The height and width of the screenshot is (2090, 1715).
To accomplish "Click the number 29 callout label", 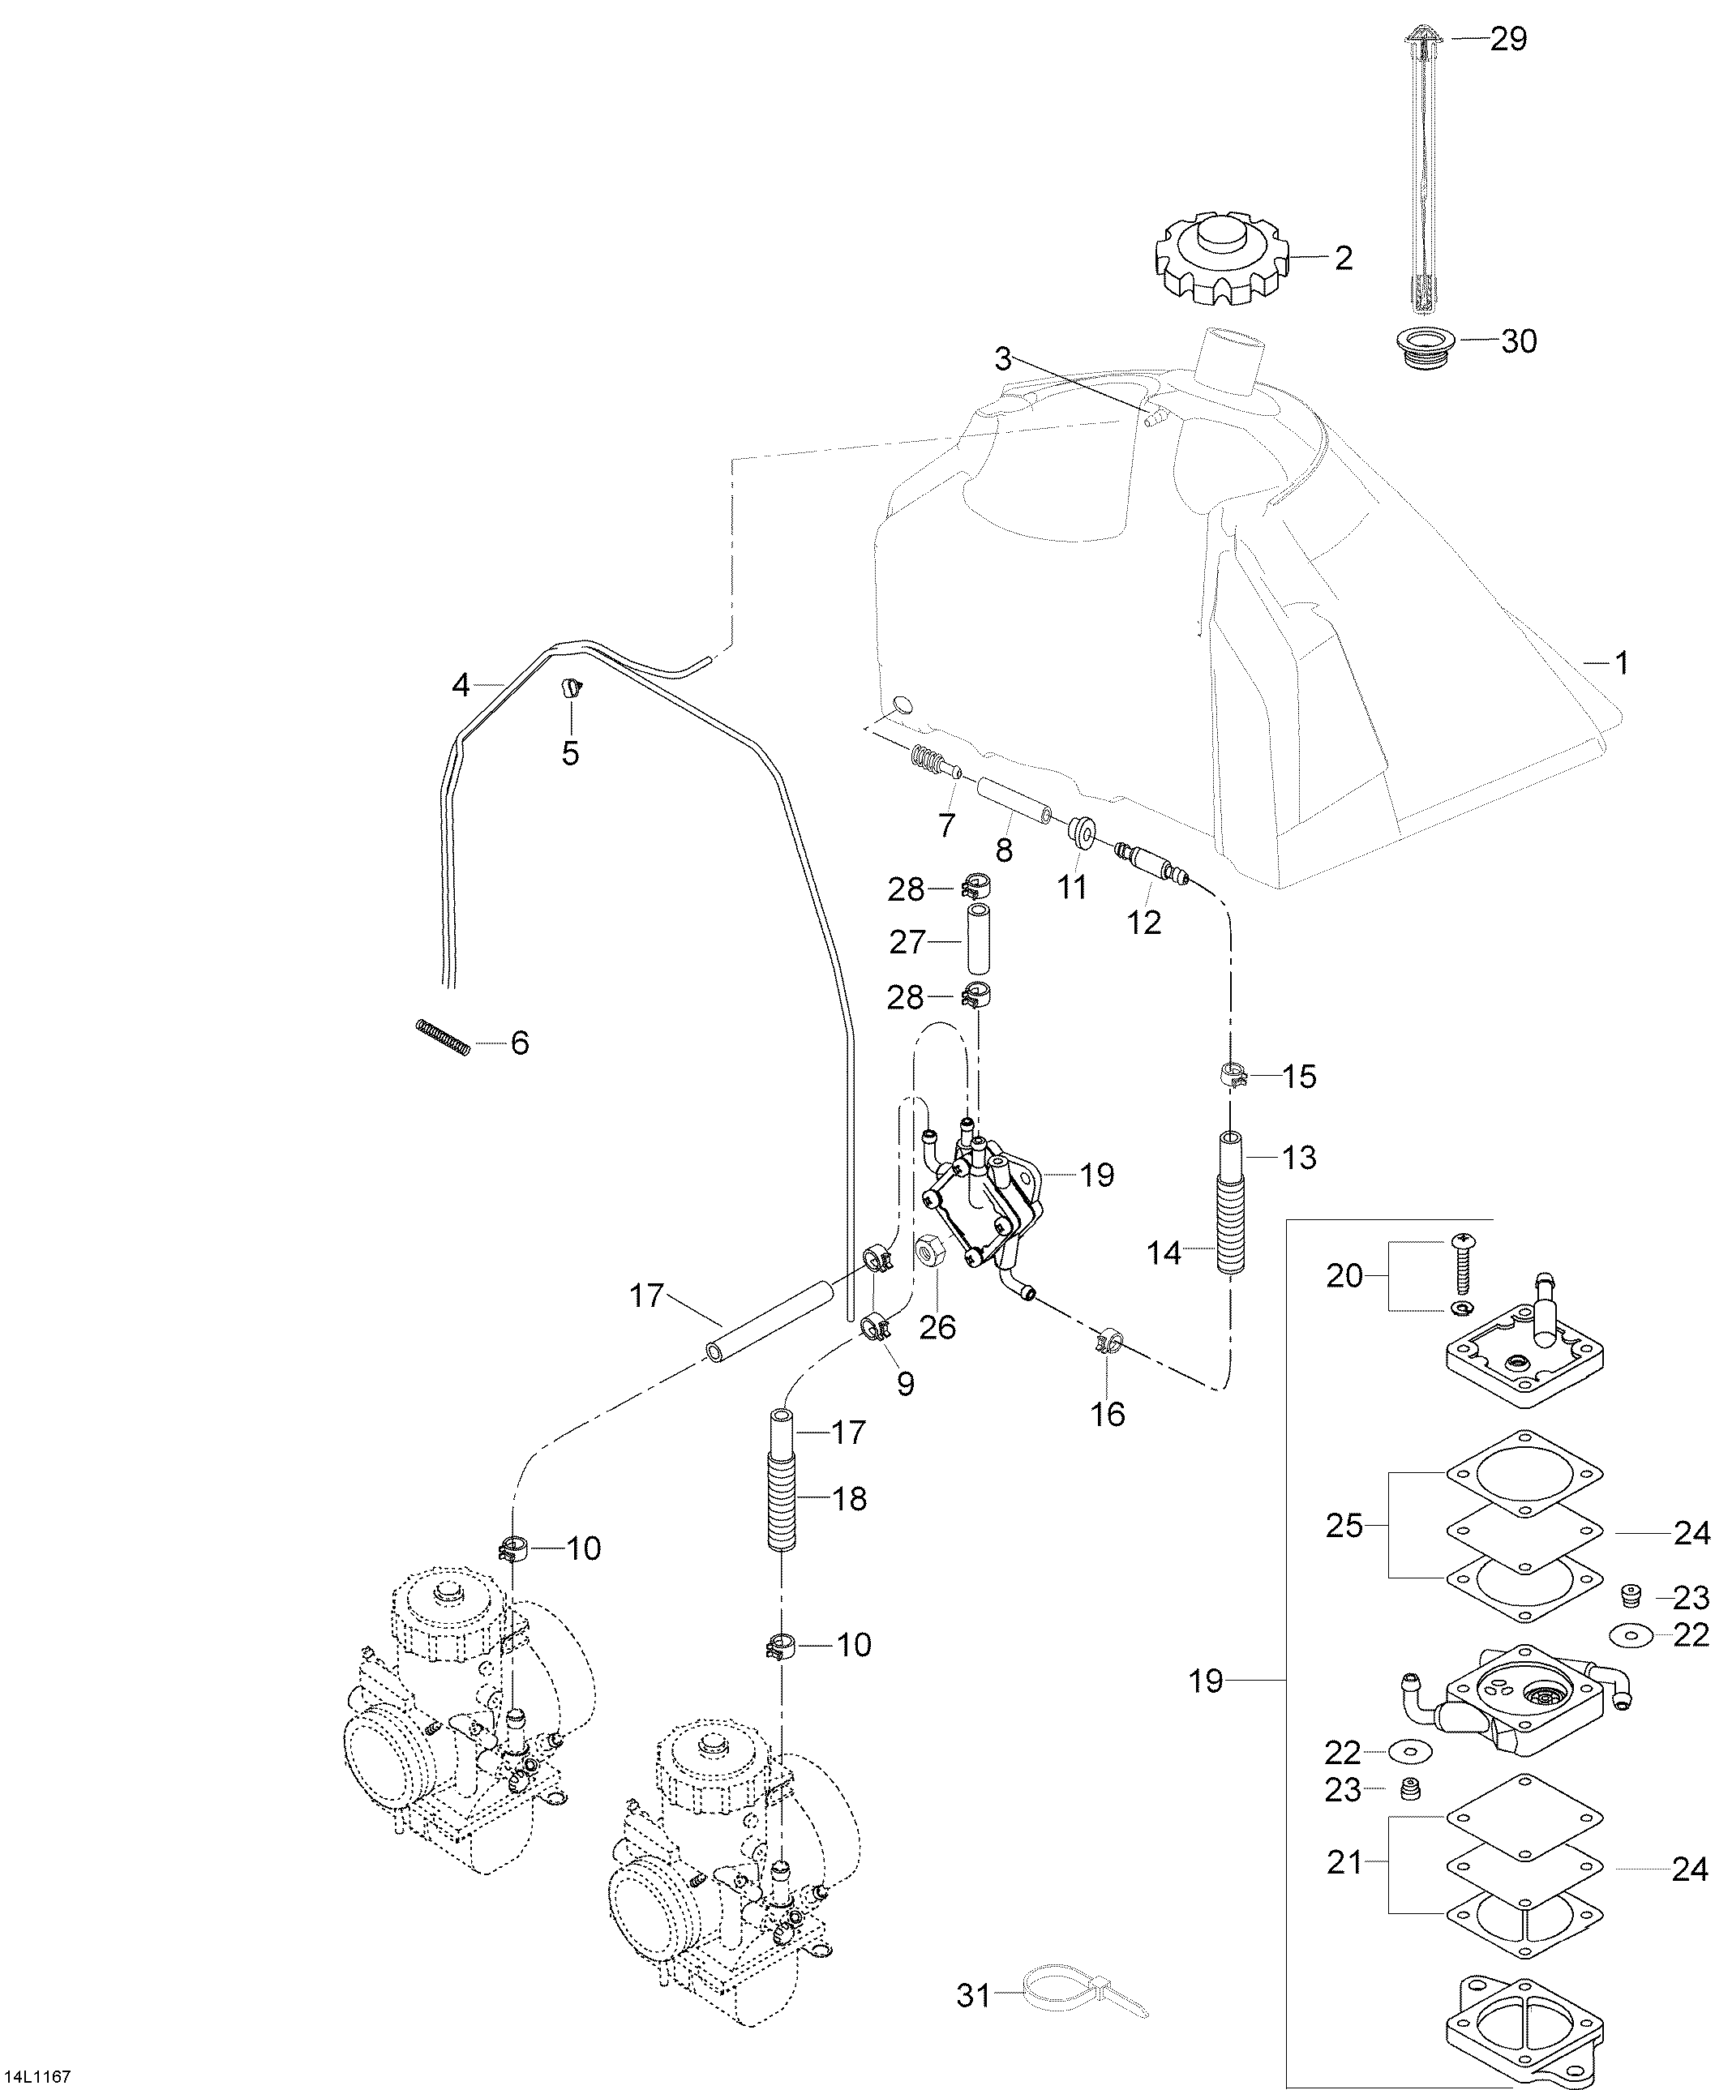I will click(x=1507, y=40).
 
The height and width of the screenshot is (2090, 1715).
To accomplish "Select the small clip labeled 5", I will click(x=571, y=687).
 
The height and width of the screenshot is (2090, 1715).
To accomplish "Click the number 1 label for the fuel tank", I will click(x=1620, y=663).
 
